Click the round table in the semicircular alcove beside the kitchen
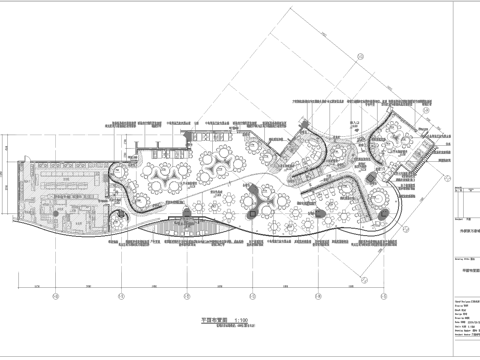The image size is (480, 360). tap(133, 158)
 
